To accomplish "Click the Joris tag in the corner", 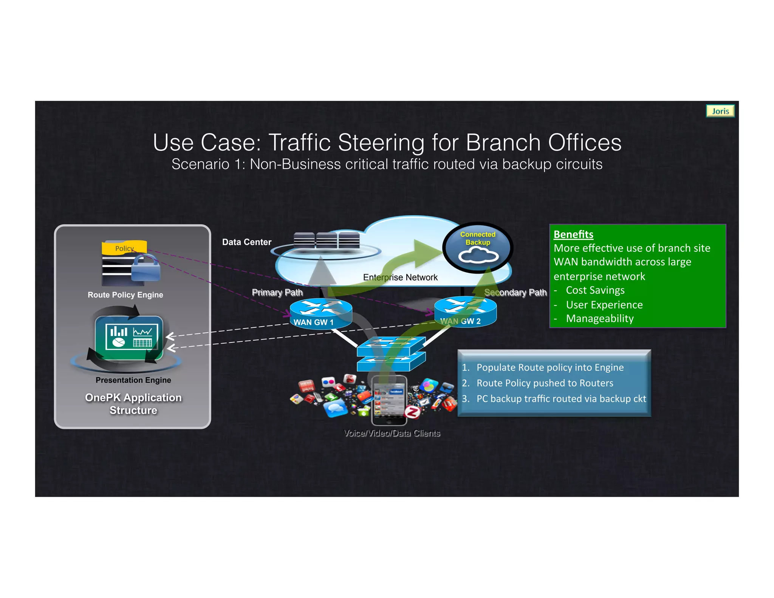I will [720, 111].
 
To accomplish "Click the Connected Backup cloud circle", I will [478, 248].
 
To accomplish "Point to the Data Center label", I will [246, 242].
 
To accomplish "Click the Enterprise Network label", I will [400, 277].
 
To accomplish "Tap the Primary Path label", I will [277, 293].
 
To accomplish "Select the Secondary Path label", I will [515, 293].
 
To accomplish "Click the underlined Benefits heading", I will [573, 234].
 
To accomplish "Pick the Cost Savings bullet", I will [595, 290].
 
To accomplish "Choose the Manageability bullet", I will [599, 319].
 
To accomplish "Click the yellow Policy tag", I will [124, 248].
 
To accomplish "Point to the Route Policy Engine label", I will [125, 295].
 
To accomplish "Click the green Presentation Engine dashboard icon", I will [129, 337].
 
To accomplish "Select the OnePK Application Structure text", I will [133, 404].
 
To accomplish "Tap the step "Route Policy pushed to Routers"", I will [545, 383].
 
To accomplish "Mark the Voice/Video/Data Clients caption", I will [392, 433].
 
